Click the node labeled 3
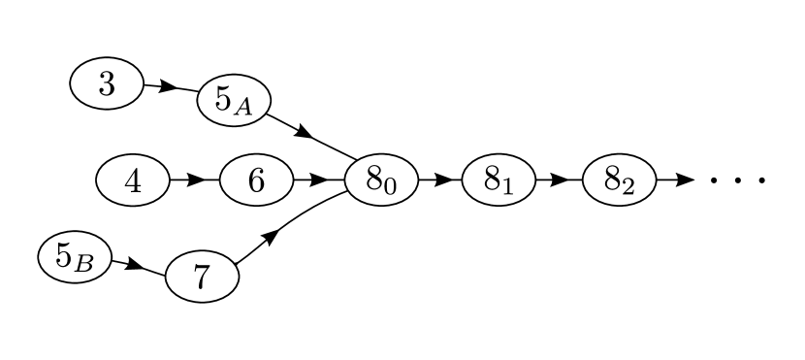(107, 83)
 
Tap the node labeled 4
(133, 180)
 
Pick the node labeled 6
(256, 180)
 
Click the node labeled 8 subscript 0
(381, 180)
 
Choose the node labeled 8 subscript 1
(499, 180)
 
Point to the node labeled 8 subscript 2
(619, 180)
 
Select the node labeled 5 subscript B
(75, 257)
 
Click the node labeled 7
(202, 278)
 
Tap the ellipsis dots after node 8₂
(738, 180)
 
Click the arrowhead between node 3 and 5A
(167, 87)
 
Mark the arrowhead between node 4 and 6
(196, 180)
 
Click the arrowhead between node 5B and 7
(135, 265)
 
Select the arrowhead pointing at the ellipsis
(684, 180)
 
